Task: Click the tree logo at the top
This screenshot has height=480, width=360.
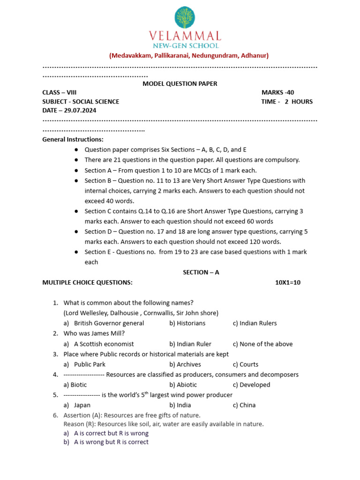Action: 185,18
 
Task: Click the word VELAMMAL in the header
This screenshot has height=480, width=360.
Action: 185,36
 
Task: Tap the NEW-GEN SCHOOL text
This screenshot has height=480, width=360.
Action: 185,45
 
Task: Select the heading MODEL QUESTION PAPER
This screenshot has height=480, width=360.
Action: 180,84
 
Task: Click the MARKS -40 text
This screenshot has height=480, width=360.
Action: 277,92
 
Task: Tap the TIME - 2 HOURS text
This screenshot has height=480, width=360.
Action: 286,101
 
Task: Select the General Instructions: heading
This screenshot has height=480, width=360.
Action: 73,139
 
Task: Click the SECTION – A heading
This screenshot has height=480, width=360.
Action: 201,272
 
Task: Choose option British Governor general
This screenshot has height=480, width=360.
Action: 109,323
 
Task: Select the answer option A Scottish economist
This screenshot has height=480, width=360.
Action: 104,344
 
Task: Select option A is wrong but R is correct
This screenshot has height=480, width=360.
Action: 111,442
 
